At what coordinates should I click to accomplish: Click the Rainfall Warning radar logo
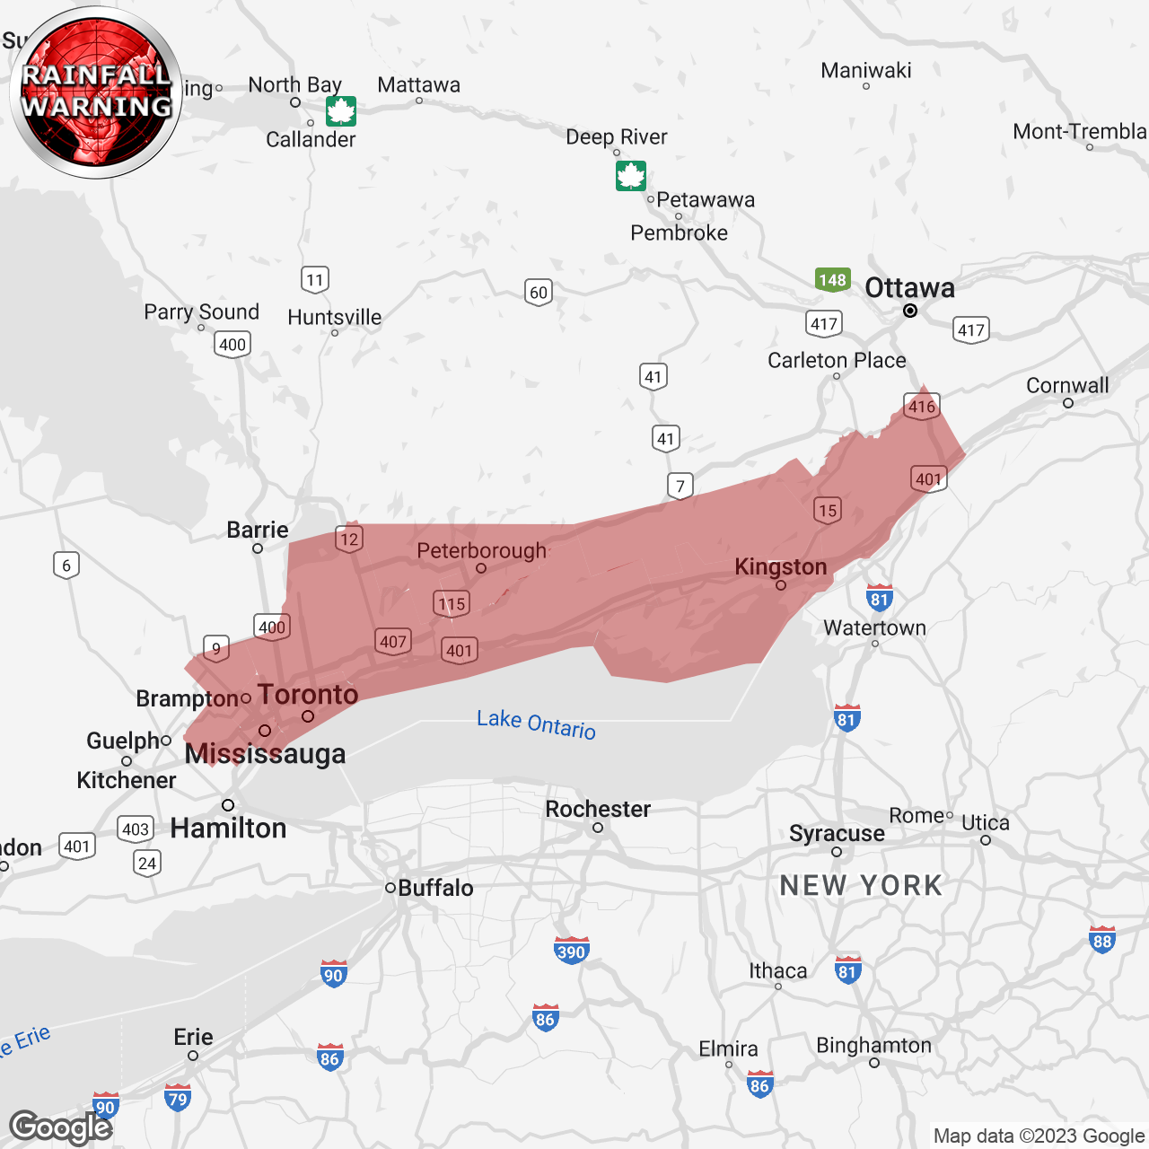click(95, 92)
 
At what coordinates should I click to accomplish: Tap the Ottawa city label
click(909, 288)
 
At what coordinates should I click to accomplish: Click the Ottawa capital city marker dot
click(910, 311)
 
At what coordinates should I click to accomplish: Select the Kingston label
click(780, 566)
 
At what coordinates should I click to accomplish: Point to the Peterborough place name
click(481, 550)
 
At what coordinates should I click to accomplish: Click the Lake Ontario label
click(536, 724)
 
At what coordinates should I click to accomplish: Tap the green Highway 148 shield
click(832, 279)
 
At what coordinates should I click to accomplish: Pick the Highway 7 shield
click(680, 487)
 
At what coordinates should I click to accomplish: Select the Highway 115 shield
click(452, 603)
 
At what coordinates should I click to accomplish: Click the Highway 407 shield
click(392, 641)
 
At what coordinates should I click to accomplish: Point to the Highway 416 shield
click(922, 407)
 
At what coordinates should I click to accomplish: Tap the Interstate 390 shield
click(571, 951)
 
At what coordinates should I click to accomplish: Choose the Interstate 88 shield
click(1102, 940)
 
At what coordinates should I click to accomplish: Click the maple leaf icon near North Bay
click(341, 111)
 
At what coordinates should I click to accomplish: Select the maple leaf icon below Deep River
click(631, 176)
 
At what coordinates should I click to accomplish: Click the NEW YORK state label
click(861, 886)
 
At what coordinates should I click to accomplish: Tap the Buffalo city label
click(435, 888)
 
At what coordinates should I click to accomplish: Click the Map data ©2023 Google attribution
click(1039, 1136)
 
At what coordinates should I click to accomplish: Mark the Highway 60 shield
click(538, 292)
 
